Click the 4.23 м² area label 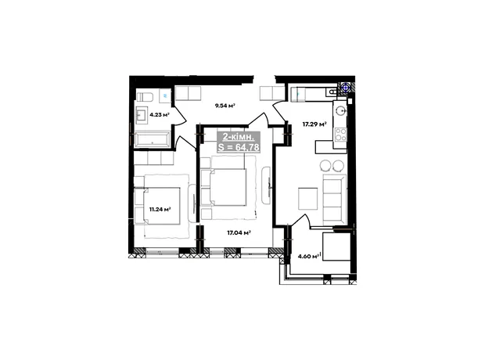(160, 114)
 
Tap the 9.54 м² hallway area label (225, 106)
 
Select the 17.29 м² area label (314, 124)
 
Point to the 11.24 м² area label (160, 209)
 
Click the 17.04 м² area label (239, 232)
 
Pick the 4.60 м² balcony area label (308, 256)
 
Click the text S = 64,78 (239, 147)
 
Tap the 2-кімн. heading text (239, 136)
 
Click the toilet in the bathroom (145, 97)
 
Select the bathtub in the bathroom (152, 139)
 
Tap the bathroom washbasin (142, 115)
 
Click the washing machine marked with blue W (165, 95)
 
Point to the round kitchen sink (340, 110)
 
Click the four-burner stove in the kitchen (341, 135)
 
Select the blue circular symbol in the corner (345, 88)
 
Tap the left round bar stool (325, 165)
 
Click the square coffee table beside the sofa (307, 199)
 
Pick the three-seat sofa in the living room (334, 200)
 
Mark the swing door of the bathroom (180, 116)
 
